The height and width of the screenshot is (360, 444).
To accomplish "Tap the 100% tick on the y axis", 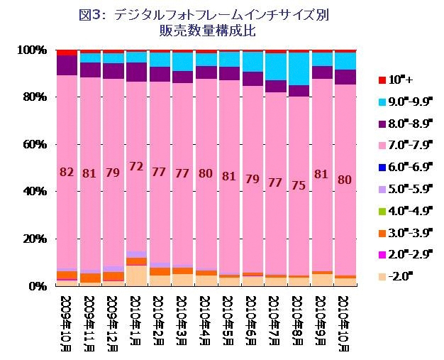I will (31, 50).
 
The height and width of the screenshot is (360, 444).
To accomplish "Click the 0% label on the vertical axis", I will (36, 286).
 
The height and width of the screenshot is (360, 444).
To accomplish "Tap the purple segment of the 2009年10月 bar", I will (67, 65).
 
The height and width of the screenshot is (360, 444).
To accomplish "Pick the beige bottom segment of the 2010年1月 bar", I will (136, 276).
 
